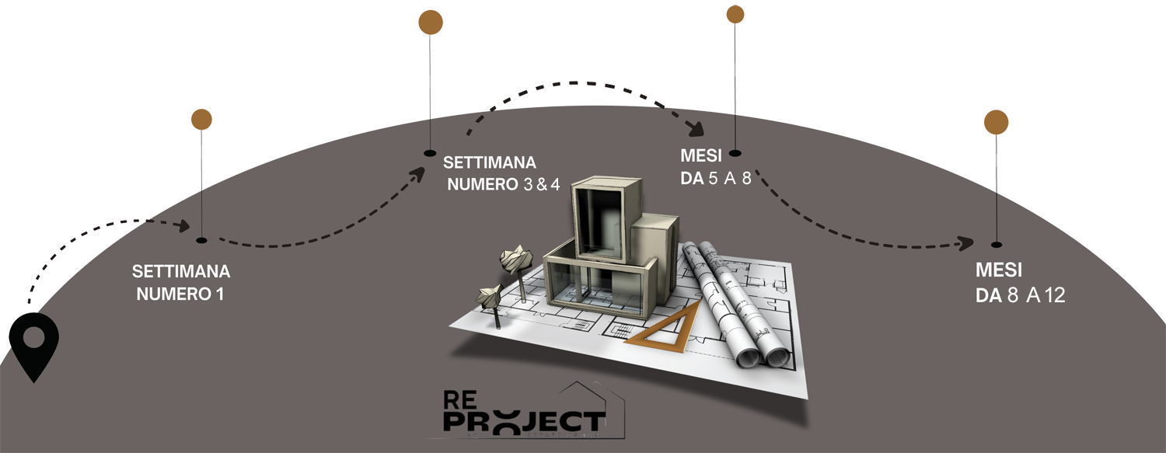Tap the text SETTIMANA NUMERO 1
click(181, 283)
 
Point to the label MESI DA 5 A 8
click(716, 167)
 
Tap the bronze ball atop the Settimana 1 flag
click(202, 119)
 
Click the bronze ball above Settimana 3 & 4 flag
click(431, 22)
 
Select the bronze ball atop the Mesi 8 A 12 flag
click(996, 122)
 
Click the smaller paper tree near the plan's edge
click(490, 296)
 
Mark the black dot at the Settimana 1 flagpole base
click(202, 240)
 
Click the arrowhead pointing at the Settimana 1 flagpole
click(183, 226)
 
